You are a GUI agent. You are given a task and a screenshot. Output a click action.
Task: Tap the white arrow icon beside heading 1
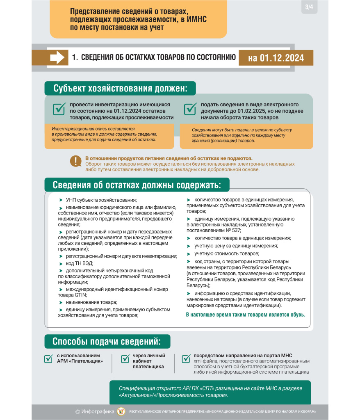(x=57, y=57)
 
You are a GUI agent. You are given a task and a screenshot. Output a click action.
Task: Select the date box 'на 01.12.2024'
(x=276, y=58)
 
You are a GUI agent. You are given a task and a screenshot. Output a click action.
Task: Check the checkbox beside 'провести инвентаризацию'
(x=59, y=109)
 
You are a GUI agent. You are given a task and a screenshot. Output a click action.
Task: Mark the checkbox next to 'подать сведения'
(x=190, y=109)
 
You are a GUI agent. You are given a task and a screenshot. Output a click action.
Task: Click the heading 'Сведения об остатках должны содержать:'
(x=137, y=185)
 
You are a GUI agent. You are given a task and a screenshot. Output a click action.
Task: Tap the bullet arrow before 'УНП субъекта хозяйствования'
(x=61, y=200)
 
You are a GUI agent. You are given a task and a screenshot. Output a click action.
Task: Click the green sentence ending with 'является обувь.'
(x=246, y=315)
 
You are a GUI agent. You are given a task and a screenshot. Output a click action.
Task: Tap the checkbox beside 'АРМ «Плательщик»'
(x=48, y=358)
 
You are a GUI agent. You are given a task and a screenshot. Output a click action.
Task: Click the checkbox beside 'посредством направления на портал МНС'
(x=186, y=358)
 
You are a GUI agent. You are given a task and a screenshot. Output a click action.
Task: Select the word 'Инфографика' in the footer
(x=98, y=411)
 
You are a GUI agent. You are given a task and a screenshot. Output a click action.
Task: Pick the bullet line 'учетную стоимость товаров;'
(x=227, y=253)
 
